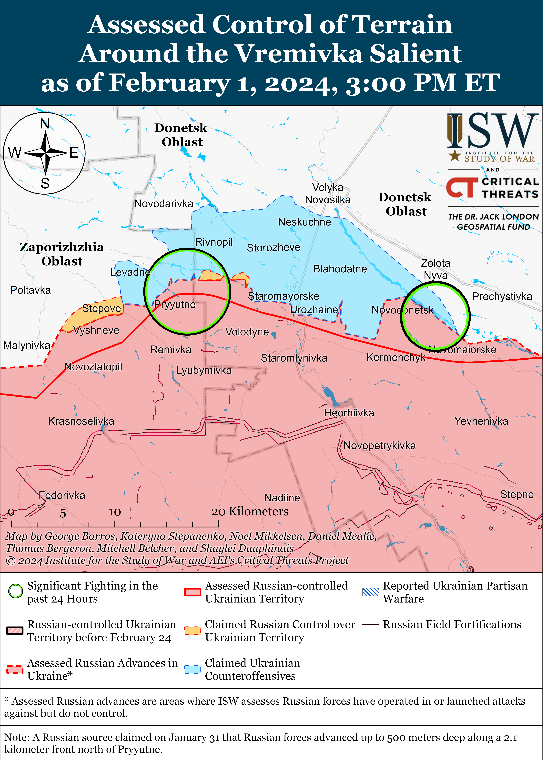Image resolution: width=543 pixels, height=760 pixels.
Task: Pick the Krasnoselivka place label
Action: pyautogui.click(x=81, y=421)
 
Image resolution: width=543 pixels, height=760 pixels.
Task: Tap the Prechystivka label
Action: pyautogui.click(x=502, y=296)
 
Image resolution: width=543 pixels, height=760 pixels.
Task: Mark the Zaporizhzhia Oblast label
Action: pyautogui.click(x=62, y=254)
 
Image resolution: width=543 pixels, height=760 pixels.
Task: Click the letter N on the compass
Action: pyautogui.click(x=45, y=124)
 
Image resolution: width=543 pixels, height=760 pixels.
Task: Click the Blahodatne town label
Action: pyautogui.click(x=340, y=269)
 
